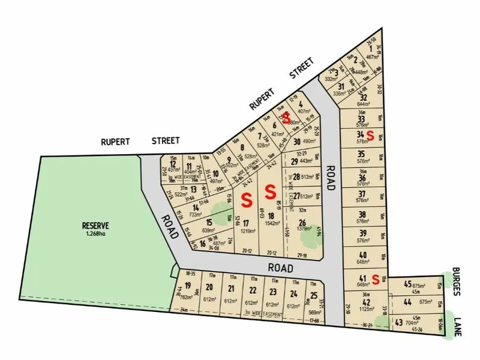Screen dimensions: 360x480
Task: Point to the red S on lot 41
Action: (x=374, y=278)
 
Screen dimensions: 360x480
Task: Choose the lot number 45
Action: (x=408, y=284)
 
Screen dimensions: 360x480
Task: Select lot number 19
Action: (x=188, y=286)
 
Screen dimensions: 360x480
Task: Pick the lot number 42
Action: (x=366, y=302)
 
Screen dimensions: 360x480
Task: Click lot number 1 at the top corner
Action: (x=371, y=49)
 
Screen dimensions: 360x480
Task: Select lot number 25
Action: (x=314, y=295)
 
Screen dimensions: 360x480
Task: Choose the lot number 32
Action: (x=363, y=97)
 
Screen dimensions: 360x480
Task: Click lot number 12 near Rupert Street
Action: (x=173, y=164)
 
